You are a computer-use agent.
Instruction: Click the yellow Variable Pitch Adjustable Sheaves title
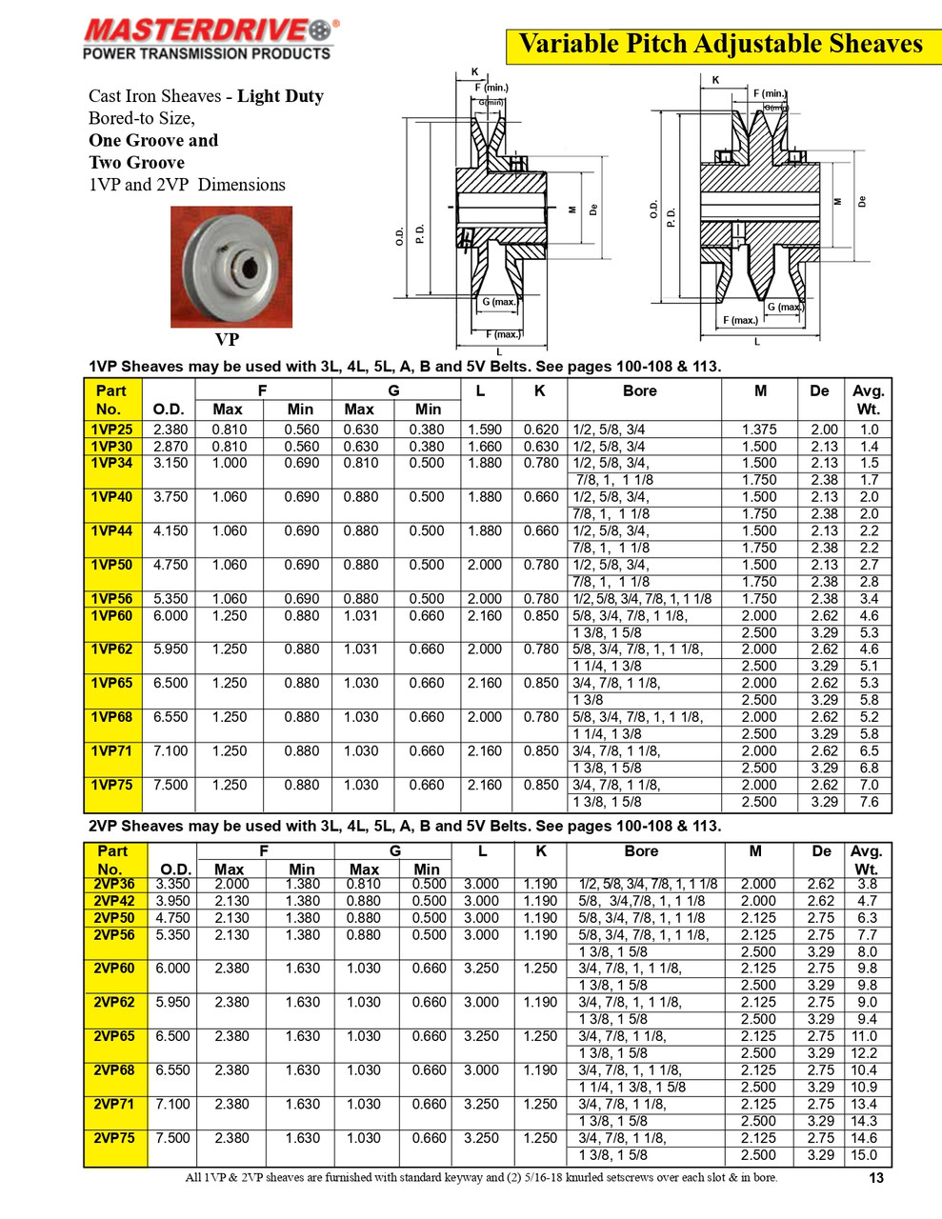click(x=720, y=44)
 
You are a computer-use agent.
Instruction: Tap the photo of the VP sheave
click(x=231, y=267)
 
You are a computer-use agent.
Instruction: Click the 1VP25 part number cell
click(x=111, y=430)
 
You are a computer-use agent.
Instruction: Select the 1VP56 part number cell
click(x=111, y=599)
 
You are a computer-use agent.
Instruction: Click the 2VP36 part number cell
click(x=114, y=884)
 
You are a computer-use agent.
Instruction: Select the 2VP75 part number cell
click(x=114, y=1138)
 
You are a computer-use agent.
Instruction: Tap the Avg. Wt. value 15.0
click(x=864, y=1155)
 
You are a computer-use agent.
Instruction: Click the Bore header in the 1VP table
click(x=639, y=390)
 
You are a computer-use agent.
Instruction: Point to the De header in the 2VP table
click(x=821, y=851)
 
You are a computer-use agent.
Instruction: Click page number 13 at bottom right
click(x=876, y=1178)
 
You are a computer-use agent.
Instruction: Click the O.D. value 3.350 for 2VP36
click(x=172, y=884)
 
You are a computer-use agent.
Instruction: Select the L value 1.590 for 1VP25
click(x=484, y=430)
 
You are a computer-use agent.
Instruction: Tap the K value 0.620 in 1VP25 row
click(x=541, y=430)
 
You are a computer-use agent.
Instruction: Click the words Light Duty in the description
click(x=280, y=96)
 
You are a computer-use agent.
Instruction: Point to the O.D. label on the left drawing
click(x=400, y=236)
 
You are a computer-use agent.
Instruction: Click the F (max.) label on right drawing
click(x=740, y=320)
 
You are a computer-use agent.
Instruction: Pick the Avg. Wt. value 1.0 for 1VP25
click(x=869, y=430)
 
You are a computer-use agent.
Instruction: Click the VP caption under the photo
click(x=227, y=339)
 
